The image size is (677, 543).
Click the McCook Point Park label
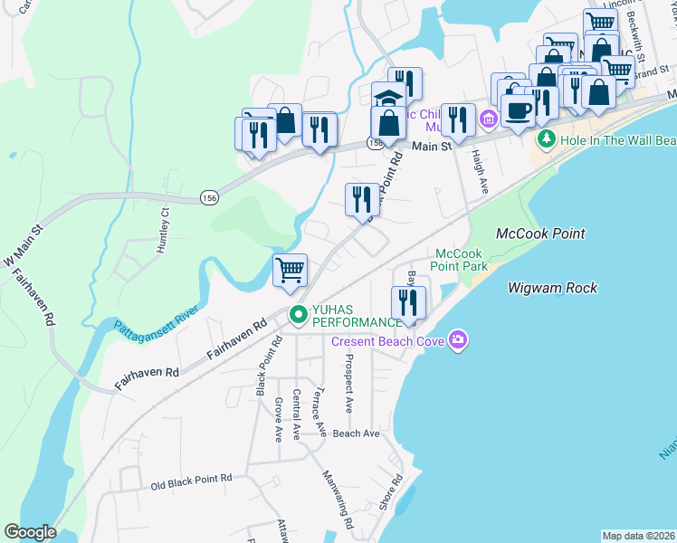tap(462, 260)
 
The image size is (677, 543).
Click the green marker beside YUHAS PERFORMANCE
tap(298, 316)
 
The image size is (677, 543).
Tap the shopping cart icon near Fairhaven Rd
tap(291, 270)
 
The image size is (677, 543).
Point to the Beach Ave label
tap(356, 433)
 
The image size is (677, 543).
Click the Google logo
tap(30, 532)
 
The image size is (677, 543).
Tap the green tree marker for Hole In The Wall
tap(546, 139)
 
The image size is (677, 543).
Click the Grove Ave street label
tap(279, 418)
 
